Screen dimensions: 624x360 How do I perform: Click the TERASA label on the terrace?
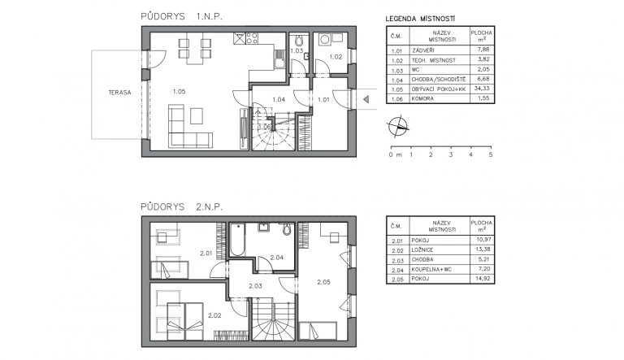(x=119, y=93)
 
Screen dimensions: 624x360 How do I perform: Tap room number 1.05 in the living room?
(x=179, y=92)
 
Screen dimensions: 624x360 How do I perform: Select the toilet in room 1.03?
(x=299, y=41)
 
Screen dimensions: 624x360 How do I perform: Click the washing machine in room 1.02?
(x=325, y=40)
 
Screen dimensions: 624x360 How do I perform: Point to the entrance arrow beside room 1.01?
(x=366, y=99)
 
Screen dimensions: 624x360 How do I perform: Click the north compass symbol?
(x=397, y=126)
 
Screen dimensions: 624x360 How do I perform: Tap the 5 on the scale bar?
(x=491, y=154)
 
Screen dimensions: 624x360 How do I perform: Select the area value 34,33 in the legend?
(x=482, y=89)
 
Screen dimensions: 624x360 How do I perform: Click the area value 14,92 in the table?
(x=483, y=279)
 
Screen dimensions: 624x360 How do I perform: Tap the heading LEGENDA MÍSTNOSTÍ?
(x=420, y=19)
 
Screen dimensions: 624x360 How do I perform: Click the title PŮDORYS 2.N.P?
(x=181, y=206)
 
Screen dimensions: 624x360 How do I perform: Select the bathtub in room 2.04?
(x=237, y=240)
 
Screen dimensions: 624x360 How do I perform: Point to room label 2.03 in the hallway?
(x=255, y=286)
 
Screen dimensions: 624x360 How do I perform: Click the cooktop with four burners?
(x=252, y=38)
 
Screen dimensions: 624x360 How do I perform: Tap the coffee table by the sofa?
(x=196, y=116)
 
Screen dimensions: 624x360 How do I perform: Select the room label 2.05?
(x=323, y=282)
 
